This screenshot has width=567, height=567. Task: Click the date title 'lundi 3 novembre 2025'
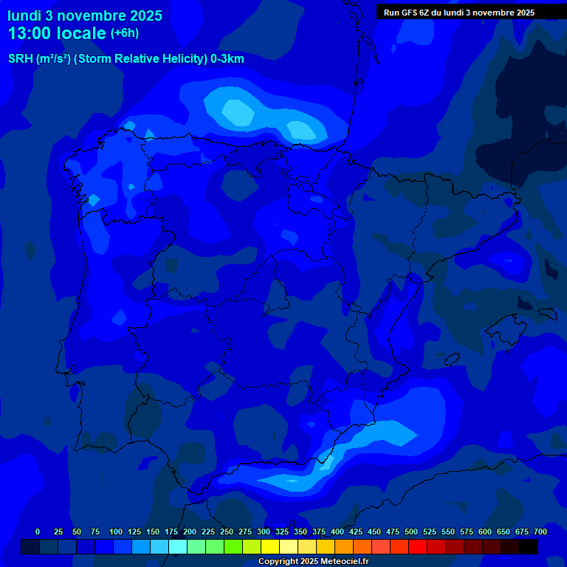[x=85, y=16]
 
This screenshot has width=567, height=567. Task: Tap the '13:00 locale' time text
[x=57, y=33]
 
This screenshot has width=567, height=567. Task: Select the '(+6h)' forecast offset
[x=125, y=33]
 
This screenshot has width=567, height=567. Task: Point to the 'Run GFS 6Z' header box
[x=459, y=12]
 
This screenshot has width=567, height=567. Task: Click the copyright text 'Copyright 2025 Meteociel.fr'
[x=313, y=561]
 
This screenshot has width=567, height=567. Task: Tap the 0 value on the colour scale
[x=38, y=532]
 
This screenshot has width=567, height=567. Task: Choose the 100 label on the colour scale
[x=115, y=532]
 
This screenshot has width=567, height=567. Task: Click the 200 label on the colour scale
[x=189, y=532]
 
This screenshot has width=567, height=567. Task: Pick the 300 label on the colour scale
[x=263, y=532]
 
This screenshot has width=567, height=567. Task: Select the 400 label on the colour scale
[x=337, y=532]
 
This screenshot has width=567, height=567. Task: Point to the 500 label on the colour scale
[x=410, y=532]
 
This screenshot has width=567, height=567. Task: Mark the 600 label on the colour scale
[x=484, y=532]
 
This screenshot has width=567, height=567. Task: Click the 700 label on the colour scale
[x=540, y=532]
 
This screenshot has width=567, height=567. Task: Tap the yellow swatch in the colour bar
[x=270, y=546]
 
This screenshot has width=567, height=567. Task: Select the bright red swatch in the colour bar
[x=418, y=546]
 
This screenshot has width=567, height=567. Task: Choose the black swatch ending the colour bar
[x=529, y=546]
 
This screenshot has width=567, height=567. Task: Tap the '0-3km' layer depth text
[x=227, y=59]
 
